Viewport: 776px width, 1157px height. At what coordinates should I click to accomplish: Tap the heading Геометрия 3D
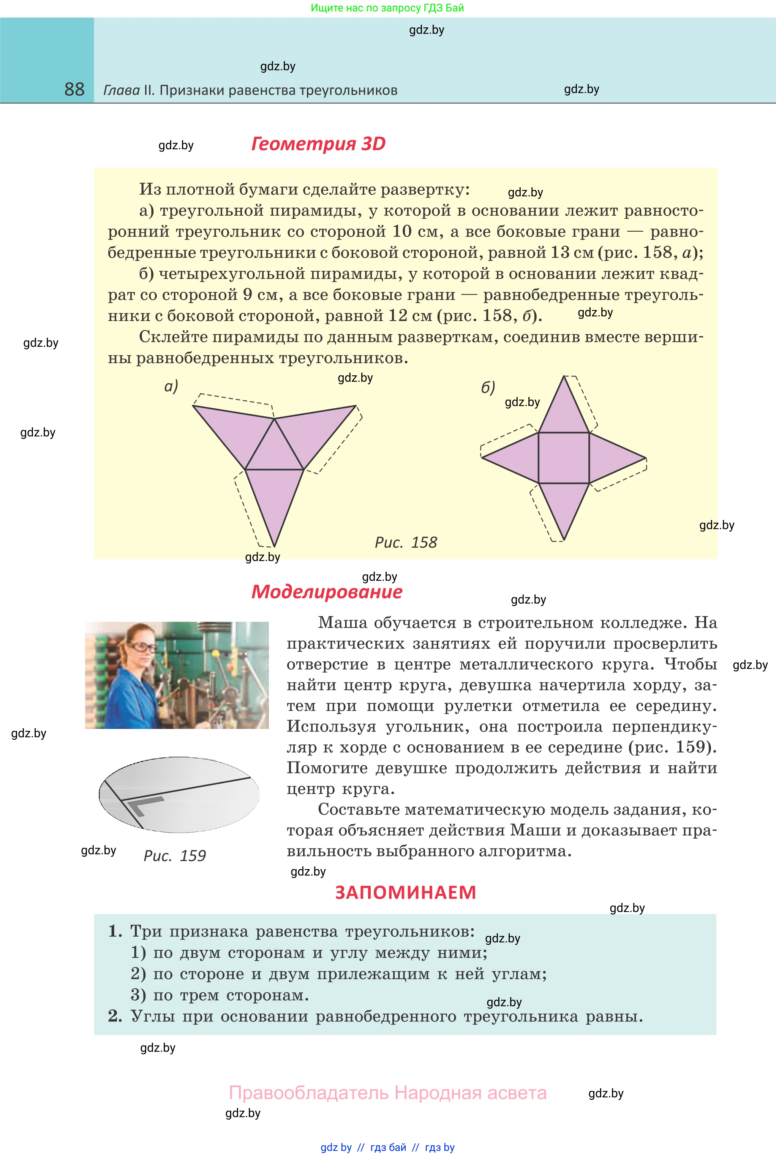318,144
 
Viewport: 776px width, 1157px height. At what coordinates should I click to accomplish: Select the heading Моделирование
327,592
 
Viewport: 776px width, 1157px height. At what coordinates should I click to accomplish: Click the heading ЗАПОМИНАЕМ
405,892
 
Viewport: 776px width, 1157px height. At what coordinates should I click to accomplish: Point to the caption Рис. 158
406,542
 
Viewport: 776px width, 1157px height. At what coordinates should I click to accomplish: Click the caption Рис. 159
174,856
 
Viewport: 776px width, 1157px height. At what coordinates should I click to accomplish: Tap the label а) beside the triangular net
171,386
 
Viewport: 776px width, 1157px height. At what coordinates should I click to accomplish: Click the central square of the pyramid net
564,458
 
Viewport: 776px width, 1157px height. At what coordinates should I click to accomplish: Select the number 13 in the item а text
560,252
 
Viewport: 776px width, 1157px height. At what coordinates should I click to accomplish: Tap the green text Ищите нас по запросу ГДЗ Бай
387,8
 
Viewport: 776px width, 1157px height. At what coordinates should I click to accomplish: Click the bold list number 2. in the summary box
115,1016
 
